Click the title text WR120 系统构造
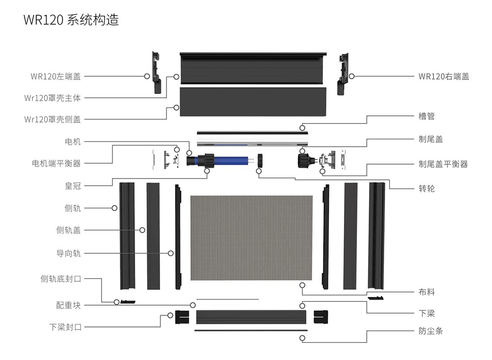(71, 20)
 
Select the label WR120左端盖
(56, 76)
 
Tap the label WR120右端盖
(444, 76)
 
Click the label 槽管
(427, 116)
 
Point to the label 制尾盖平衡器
(443, 164)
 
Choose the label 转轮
(427, 188)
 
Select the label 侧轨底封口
(61, 279)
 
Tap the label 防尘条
(431, 331)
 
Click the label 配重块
(68, 305)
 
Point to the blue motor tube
(233, 160)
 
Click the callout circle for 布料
(303, 285)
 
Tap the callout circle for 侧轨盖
(142, 230)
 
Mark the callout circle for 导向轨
(171, 253)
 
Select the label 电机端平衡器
(56, 164)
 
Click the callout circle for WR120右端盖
(352, 76)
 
